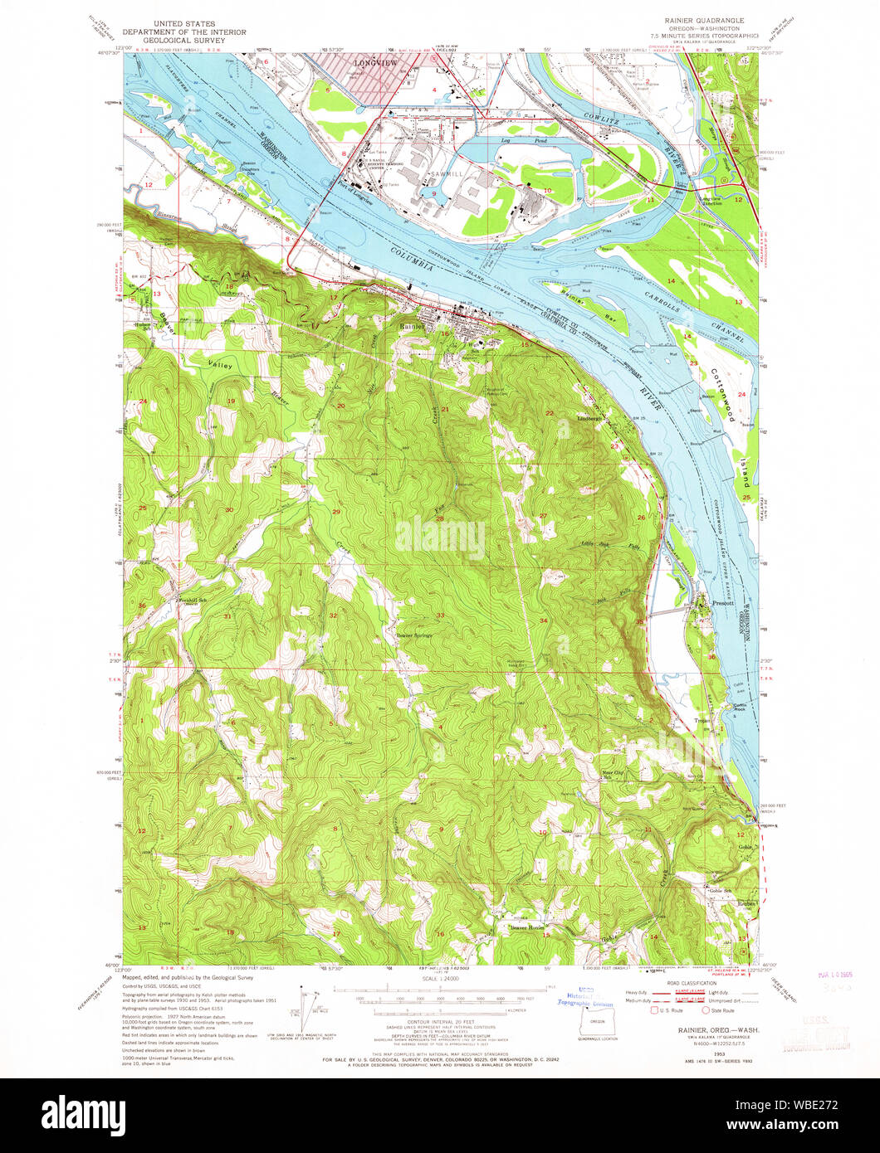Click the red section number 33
point(441,615)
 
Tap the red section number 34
point(544,620)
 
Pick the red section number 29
point(336,512)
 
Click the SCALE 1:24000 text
point(440,980)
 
